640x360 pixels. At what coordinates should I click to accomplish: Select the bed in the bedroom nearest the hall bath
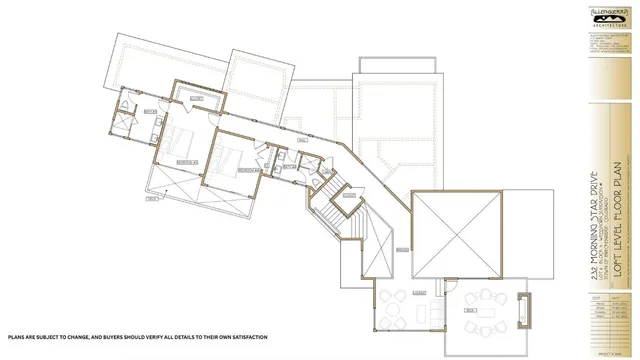[228, 159]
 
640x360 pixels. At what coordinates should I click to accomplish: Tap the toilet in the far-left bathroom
[121, 106]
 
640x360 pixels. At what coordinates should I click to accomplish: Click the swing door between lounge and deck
[441, 300]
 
